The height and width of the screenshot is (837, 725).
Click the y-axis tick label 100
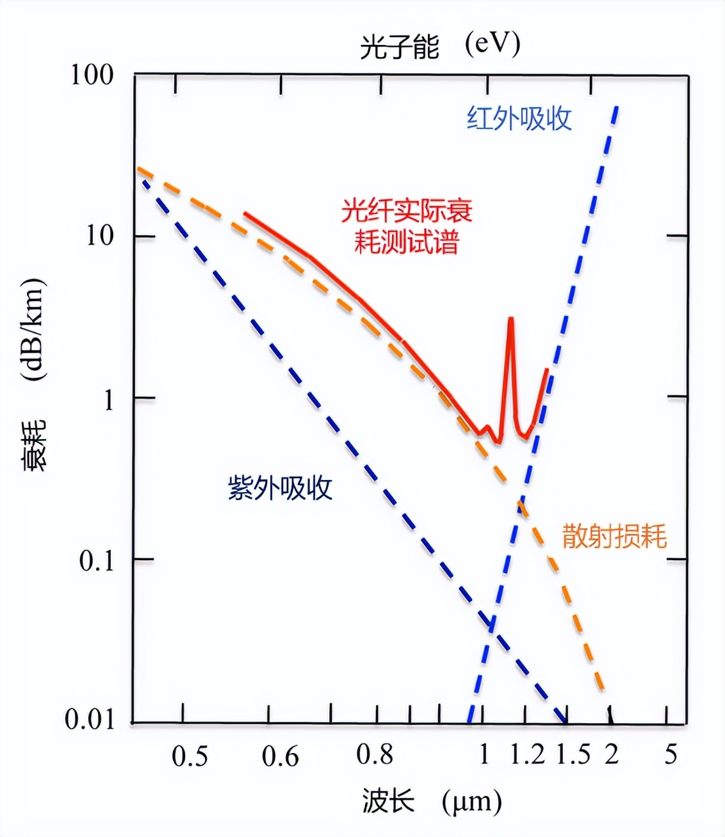(x=92, y=75)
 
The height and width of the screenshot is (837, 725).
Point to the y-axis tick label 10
(x=99, y=236)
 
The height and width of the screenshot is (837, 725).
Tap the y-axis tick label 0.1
(x=97, y=561)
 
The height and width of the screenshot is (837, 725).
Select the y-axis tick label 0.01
(x=89, y=720)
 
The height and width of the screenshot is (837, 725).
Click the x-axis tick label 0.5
(x=190, y=756)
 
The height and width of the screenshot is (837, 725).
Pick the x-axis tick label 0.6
(x=280, y=756)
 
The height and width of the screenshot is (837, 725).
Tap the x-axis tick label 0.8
(x=375, y=755)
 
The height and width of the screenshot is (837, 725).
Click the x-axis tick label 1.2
(x=527, y=755)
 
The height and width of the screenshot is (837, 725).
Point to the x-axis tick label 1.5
(x=573, y=755)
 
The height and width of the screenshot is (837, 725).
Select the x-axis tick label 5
(x=670, y=755)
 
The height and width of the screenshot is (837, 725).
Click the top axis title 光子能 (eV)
(x=440, y=46)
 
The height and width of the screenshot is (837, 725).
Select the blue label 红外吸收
(x=519, y=119)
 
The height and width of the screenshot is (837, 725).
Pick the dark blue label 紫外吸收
(x=280, y=488)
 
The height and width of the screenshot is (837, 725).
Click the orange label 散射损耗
(x=614, y=536)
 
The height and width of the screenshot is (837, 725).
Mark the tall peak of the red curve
(x=510, y=318)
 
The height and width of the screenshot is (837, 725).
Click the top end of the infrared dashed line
(x=616, y=108)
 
